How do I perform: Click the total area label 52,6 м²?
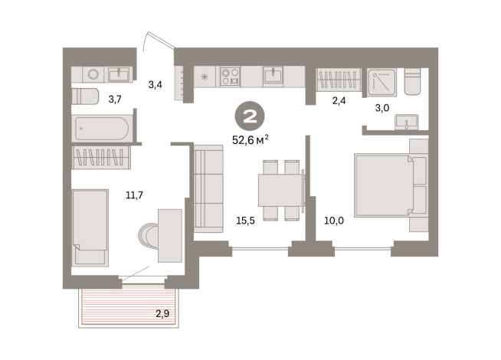pos(250,140)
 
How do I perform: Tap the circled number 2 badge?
pos(250,116)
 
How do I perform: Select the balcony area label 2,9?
pos(162,314)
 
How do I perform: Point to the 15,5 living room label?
pos(245,221)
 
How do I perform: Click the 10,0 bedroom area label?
pos(334,221)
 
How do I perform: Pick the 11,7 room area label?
pos(134,195)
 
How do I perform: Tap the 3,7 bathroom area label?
pos(115,100)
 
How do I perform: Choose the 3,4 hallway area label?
pos(155,85)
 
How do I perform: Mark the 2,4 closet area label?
pos(339,101)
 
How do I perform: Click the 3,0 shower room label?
pos(382,108)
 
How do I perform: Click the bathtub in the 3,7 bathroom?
pos(102,129)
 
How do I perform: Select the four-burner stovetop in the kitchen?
pos(231,77)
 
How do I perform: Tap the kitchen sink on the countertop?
pos(273,75)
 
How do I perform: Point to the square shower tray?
pos(381,82)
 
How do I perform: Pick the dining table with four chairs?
pos(280,190)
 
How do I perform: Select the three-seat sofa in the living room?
pos(208,188)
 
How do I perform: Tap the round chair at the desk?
pos(148,236)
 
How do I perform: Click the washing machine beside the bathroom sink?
pos(93,75)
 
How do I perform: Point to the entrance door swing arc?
pos(145,41)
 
